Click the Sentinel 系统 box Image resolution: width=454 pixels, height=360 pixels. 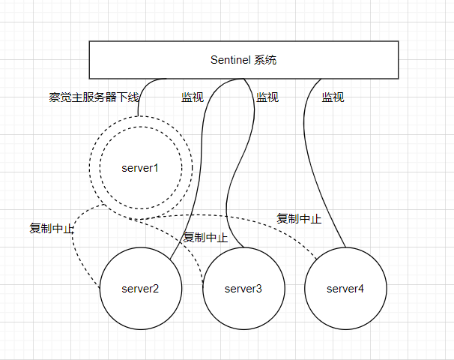coord(243,59)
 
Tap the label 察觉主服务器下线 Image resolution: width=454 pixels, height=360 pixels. coord(94,97)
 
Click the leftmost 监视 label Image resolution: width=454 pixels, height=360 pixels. coord(193,97)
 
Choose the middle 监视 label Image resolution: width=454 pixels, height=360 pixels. coord(267,97)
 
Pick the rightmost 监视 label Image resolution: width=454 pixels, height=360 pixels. coord(333,97)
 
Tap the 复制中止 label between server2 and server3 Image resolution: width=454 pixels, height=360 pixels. coord(205,237)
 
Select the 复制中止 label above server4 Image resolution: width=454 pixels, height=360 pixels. coord(299,219)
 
